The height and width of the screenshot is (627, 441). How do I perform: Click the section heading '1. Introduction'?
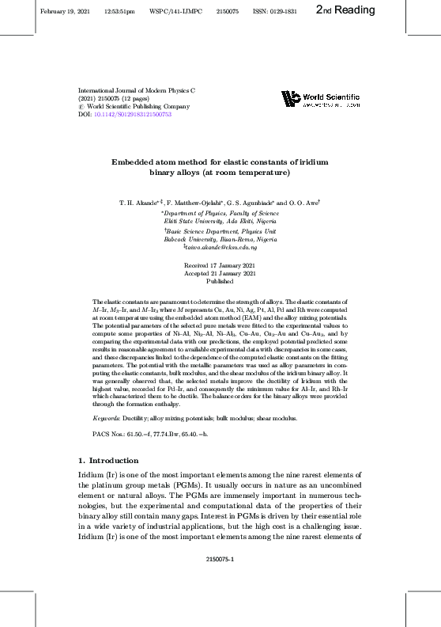[108, 460]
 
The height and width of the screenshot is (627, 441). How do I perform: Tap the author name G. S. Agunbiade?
[259, 203]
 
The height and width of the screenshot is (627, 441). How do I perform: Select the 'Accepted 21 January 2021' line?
[220, 273]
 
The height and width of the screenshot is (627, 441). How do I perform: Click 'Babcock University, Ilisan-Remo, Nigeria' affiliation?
[220, 238]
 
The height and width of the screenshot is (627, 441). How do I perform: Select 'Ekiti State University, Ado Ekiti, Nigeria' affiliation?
[220, 222]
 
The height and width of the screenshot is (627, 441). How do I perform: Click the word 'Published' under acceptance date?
[220, 282]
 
